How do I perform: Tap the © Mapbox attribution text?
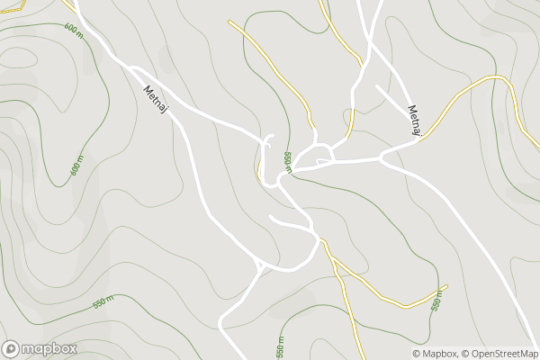[436, 354]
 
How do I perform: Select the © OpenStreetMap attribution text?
[500, 354]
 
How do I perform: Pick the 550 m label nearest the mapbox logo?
[103, 303]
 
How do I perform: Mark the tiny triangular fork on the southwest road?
[260, 266]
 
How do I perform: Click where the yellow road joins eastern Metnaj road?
[418, 139]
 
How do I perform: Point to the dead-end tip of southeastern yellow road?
[445, 287]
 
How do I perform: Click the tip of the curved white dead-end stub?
[271, 217]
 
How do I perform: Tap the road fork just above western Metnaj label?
[133, 68]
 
